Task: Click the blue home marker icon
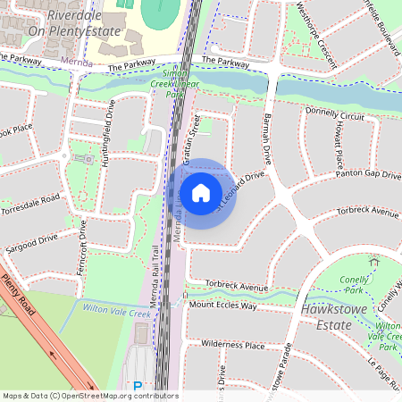[201, 193]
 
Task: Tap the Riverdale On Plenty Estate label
[62, 23]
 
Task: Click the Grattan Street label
[189, 134]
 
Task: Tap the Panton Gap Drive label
[368, 175]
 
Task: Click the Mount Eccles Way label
[222, 306]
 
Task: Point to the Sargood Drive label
[31, 239]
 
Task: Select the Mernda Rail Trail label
[154, 277]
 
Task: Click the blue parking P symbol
[137, 387]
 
